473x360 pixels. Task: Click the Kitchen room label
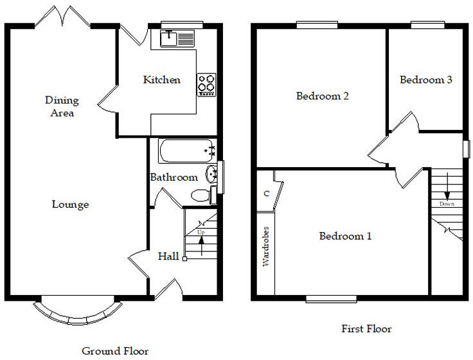[161, 80]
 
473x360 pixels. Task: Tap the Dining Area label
[62, 107]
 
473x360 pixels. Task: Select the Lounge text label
[70, 204]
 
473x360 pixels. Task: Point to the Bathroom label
[174, 177]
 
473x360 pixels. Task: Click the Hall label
[168, 256]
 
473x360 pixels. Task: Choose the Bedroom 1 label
[345, 236]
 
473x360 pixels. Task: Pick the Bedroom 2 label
[322, 96]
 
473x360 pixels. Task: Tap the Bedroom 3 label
[426, 80]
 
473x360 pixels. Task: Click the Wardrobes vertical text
[265, 246]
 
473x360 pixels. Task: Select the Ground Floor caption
[115, 351]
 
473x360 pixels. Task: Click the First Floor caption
[366, 329]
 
